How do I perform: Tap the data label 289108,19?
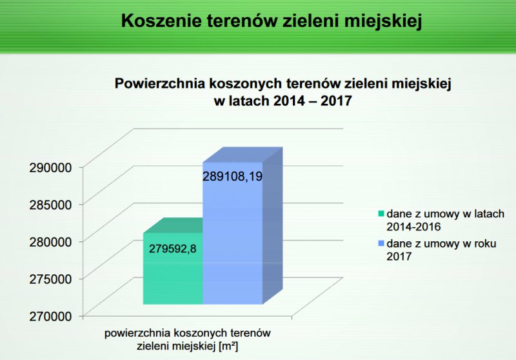[232, 176]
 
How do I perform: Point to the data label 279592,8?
[172, 248]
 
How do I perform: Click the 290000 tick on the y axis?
[50, 168]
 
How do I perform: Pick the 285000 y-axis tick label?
[50, 205]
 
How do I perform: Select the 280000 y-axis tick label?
[50, 242]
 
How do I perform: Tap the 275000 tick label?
[50, 279]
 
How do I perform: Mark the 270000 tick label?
[50, 316]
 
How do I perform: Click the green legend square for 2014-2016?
[381, 214]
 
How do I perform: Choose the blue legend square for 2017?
[381, 243]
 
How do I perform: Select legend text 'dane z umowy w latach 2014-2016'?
[445, 220]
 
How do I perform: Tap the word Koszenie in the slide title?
[161, 21]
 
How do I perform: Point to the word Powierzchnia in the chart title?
[159, 84]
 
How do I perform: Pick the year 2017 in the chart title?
[336, 101]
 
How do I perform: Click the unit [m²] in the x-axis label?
[228, 346]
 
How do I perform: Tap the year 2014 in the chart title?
[289, 101]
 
